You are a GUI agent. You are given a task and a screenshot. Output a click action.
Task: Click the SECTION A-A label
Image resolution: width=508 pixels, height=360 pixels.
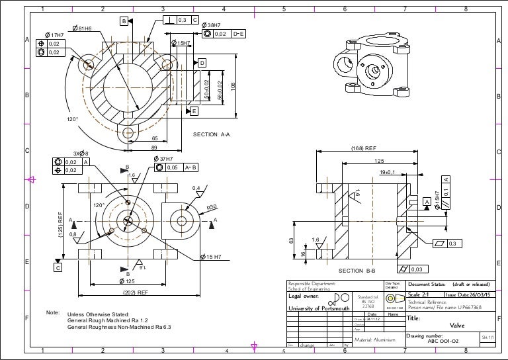(211, 135)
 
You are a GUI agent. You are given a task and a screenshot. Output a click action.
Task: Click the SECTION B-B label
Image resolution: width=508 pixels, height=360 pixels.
(357, 271)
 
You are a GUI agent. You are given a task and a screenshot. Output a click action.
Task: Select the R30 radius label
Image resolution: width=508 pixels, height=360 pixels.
(212, 207)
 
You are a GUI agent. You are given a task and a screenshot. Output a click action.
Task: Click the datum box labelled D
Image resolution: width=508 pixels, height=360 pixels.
(202, 62)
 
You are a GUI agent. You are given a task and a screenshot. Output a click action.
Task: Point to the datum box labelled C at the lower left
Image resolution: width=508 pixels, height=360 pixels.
(58, 268)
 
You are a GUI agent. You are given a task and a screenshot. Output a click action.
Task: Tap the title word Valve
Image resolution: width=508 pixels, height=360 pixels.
(457, 325)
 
